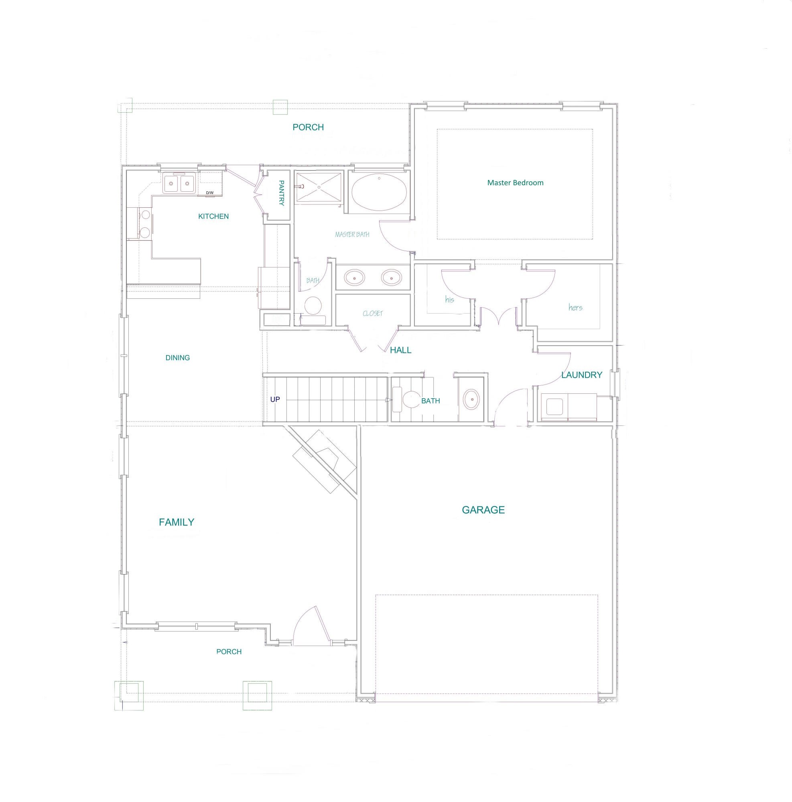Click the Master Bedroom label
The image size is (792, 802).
[515, 182]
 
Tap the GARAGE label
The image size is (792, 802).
[483, 510]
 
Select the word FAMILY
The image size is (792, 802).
[177, 522]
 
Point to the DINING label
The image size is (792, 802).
[177, 358]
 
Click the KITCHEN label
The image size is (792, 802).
[213, 216]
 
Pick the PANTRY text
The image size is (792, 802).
[281, 193]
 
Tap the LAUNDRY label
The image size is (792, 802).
[581, 375]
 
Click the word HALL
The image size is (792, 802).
[400, 350]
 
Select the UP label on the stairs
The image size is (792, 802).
[275, 399]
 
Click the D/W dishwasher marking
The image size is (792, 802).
[210, 192]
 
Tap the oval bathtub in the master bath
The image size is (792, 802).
[379, 193]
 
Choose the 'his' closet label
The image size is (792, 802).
[449, 299]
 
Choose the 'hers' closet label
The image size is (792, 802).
[575, 308]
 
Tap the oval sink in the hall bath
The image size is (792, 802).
[471, 400]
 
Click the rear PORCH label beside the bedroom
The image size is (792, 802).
[308, 128]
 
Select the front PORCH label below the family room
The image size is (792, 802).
[229, 652]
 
